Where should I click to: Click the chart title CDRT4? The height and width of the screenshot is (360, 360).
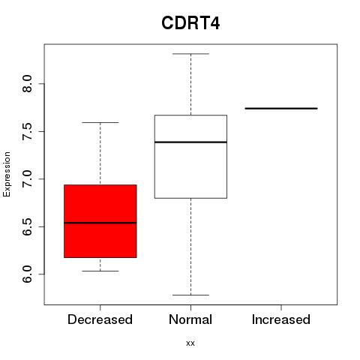coord(190,23)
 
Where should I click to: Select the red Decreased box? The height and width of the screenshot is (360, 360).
coord(100,221)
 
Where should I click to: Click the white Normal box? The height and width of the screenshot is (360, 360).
coord(190,157)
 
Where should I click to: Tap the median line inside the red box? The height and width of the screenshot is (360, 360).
coord(100,223)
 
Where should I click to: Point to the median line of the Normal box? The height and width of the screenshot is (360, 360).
coord(190,142)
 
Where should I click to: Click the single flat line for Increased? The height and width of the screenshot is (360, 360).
coord(281,108)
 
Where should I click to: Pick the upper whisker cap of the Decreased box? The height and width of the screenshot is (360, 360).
coord(100,122)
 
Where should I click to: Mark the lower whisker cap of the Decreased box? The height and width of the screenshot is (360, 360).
coord(100,271)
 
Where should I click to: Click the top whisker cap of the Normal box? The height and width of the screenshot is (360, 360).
coord(190,54)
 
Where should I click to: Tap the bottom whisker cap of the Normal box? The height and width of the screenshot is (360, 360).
coord(190,295)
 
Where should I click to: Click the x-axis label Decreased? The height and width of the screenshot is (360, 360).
coord(100,319)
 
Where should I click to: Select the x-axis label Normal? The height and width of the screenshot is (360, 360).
coord(190,319)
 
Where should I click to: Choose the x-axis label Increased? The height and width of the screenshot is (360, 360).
coord(281,319)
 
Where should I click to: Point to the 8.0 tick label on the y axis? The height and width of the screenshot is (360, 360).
coord(27,84)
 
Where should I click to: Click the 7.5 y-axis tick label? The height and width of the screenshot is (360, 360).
coord(27,131)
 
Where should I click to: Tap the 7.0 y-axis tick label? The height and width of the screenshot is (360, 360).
coord(27,179)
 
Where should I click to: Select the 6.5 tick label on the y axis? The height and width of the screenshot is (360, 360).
coord(27,226)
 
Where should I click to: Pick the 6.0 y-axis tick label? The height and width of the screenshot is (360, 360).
coord(27,274)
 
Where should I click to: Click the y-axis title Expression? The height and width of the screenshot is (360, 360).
coord(7,174)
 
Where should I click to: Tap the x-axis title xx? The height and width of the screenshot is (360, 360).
coord(190,343)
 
